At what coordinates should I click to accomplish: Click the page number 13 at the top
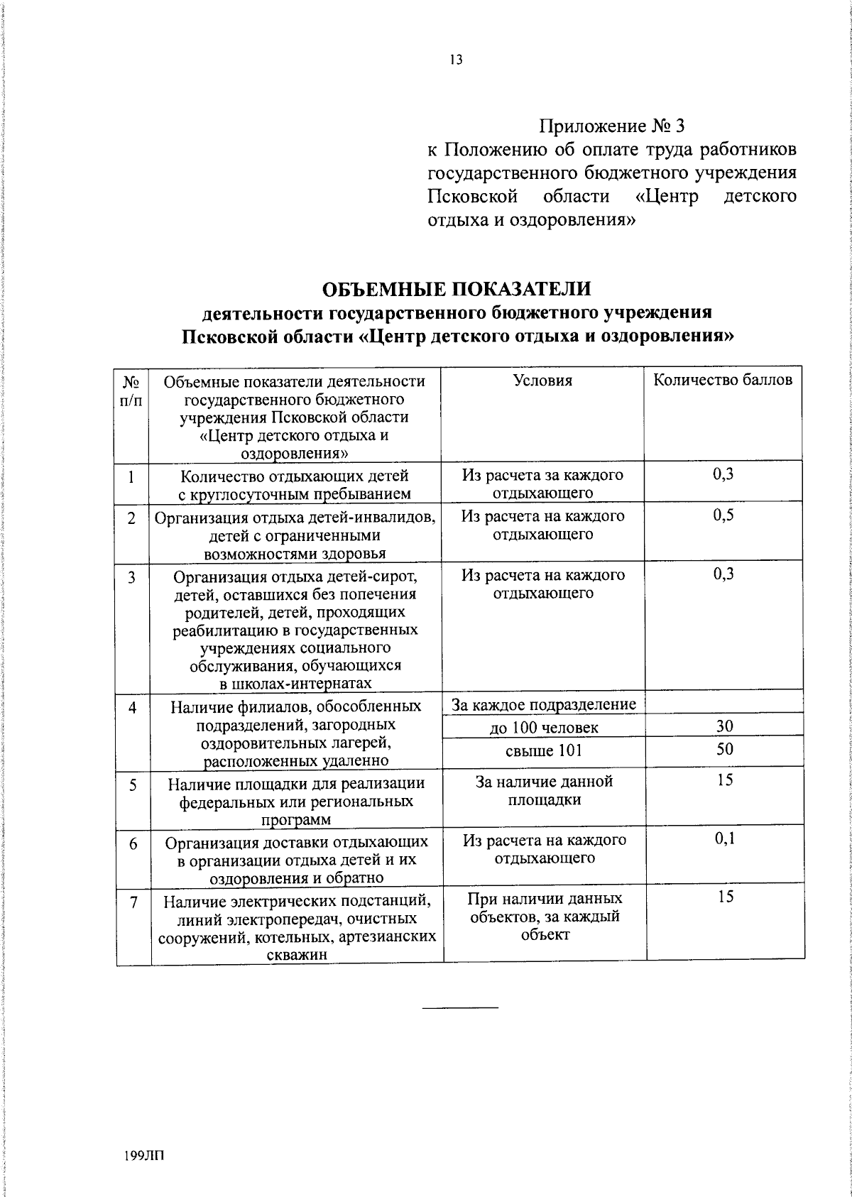pos(456,60)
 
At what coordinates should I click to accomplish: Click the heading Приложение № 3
pos(611,126)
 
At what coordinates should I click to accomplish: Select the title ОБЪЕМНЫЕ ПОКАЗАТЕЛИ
pos(457,289)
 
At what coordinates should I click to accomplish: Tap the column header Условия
pos(542,381)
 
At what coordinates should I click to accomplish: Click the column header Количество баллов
pos(723,380)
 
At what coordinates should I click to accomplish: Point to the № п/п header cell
pos(131,390)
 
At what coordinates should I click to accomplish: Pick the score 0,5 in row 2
pos(723,516)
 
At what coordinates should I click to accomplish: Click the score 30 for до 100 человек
pos(724,726)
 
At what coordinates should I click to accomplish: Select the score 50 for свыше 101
pos(724,749)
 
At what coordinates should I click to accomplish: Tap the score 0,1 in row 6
pos(724,839)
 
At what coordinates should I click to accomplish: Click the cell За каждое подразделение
pos(543,704)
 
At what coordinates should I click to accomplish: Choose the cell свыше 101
pos(543,750)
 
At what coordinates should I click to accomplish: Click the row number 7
pos(133,902)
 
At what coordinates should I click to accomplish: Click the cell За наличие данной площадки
pos(543,791)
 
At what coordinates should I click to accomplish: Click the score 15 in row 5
pos(724,780)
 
